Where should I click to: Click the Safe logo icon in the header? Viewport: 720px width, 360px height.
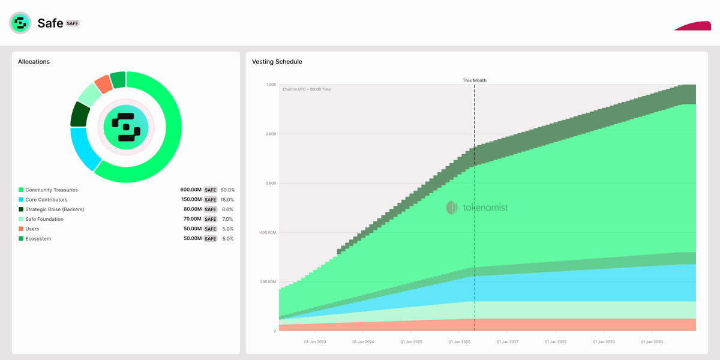(x=20, y=23)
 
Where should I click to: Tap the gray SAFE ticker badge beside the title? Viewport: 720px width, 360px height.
(x=73, y=23)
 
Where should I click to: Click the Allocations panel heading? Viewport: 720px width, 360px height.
(x=34, y=62)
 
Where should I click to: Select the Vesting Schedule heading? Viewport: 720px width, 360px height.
(x=277, y=62)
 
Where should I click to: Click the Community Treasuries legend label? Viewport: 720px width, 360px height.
(x=52, y=190)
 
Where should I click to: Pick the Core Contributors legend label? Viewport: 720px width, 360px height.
(x=46, y=200)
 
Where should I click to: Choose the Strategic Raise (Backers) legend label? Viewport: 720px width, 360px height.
(x=55, y=209)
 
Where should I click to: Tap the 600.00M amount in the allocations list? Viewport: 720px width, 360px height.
(x=191, y=190)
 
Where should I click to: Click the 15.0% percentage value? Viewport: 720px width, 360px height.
(x=227, y=200)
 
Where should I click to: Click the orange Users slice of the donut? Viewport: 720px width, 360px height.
(x=103, y=84)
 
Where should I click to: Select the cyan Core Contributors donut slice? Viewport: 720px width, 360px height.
(x=85, y=148)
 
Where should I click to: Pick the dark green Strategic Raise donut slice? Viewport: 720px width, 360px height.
(x=80, y=114)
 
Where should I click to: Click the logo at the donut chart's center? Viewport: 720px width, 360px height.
(x=126, y=127)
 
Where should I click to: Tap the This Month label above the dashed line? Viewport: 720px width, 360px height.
(x=475, y=80)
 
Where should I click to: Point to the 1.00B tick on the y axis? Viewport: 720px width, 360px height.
(x=271, y=85)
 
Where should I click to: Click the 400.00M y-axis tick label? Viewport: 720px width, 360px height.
(x=268, y=233)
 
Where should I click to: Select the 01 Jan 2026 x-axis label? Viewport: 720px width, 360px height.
(x=460, y=342)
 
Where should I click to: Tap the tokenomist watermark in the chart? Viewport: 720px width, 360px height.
(x=477, y=208)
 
